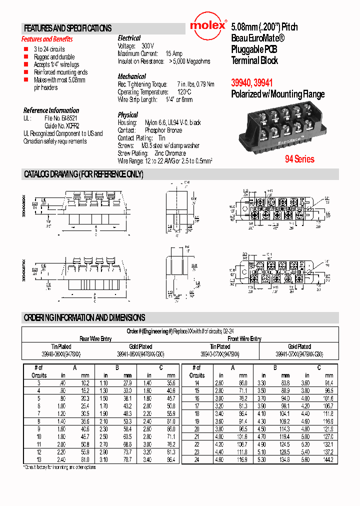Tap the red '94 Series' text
tap(299, 159)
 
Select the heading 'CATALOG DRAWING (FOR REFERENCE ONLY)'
tap(83, 174)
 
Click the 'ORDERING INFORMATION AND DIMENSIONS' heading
tap(84, 317)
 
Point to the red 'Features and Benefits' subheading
tap(47, 39)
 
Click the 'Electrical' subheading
tap(129, 38)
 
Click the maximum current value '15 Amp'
tap(174, 53)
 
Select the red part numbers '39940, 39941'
tap(252, 83)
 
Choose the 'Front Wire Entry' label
tap(242, 338)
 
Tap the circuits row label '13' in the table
tap(38, 459)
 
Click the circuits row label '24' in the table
tap(196, 458)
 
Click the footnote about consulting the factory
tap(59, 467)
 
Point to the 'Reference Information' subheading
tap(51, 110)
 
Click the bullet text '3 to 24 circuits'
tap(49, 49)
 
